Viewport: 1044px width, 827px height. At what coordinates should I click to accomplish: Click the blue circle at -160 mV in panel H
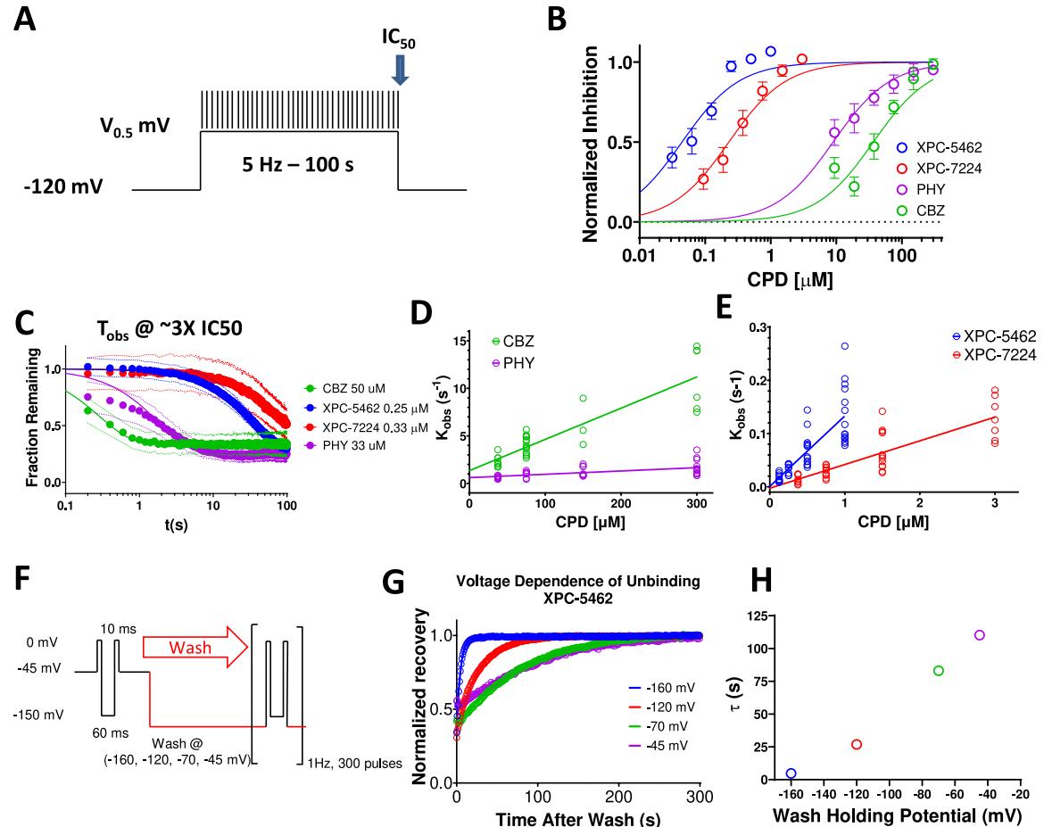point(791,773)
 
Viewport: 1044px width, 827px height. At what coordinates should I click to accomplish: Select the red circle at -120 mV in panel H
point(857,744)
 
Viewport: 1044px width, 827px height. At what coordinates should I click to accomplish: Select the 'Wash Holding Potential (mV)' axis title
point(891,815)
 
